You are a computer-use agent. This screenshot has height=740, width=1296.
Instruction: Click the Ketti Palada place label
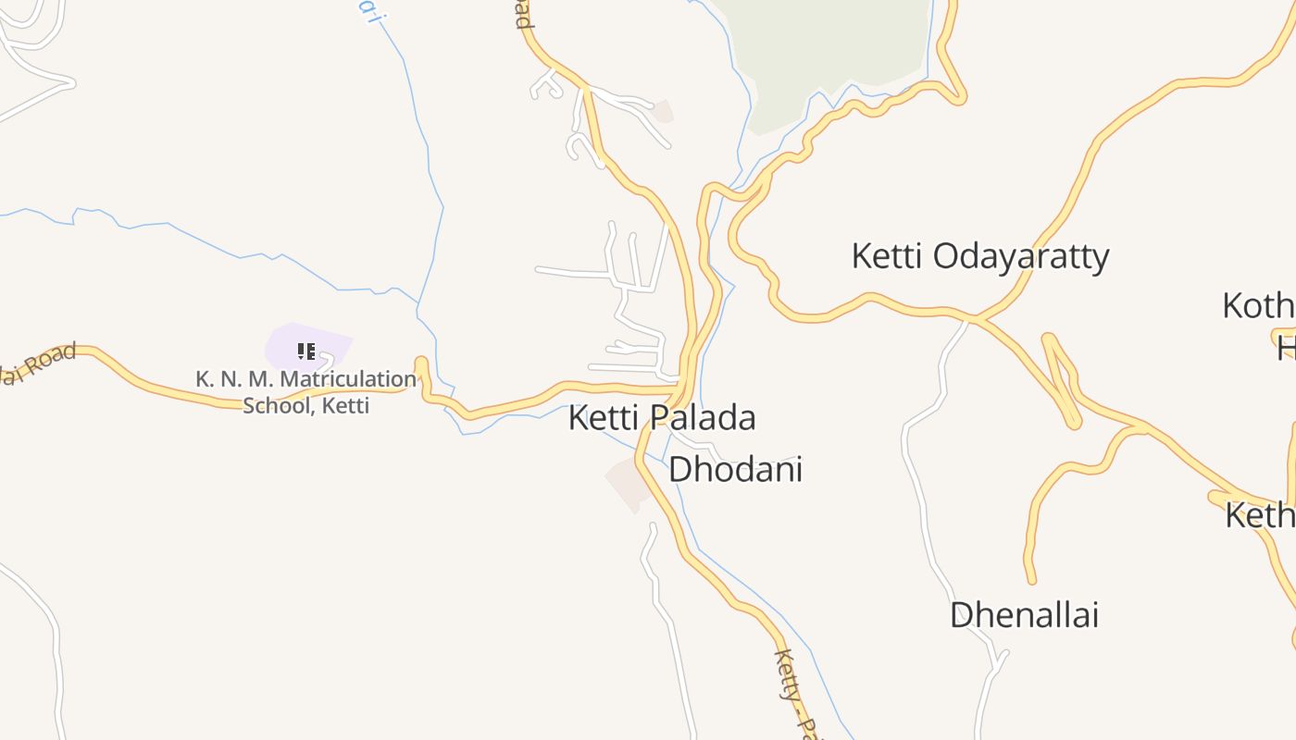(662, 418)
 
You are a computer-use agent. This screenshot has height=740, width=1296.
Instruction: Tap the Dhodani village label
(735, 469)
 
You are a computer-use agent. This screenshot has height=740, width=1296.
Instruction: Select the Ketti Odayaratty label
(979, 256)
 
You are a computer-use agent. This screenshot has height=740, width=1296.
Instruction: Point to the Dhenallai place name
(1024, 615)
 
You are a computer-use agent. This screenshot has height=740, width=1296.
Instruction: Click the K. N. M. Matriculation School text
(305, 391)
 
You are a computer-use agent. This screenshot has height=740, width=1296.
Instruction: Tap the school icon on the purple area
(306, 351)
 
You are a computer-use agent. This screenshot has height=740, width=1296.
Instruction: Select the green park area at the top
(833, 46)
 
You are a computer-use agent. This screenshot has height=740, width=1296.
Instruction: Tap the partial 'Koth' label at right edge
(1259, 306)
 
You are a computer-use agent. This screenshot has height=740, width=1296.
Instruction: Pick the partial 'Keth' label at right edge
(1261, 515)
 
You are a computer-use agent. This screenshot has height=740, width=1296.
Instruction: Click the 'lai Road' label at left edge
(37, 364)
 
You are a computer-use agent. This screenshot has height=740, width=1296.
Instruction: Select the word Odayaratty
(1020, 256)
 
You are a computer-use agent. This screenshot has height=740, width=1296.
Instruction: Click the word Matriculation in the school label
(348, 379)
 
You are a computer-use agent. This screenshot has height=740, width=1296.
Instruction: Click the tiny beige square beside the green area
(663, 111)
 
